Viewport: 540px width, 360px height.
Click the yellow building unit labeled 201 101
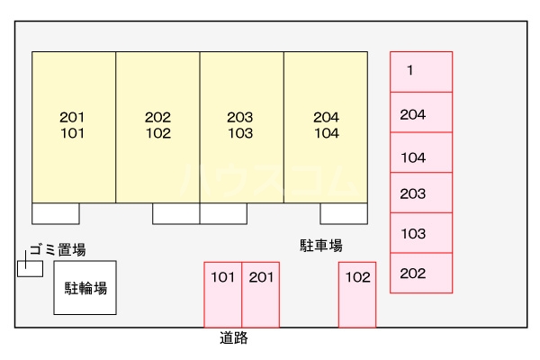tap(74, 126)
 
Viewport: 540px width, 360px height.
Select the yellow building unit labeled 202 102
tap(157, 126)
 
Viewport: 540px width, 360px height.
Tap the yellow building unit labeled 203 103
tap(241, 126)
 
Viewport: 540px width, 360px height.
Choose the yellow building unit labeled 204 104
tap(326, 126)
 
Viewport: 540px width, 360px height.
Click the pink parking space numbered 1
tap(420, 71)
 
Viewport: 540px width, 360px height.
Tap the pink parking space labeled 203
tap(420, 193)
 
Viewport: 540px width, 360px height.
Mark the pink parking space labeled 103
tap(420, 233)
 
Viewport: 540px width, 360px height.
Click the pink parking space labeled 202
tap(420, 274)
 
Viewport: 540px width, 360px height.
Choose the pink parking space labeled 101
tap(222, 294)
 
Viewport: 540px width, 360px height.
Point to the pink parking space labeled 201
tap(260, 294)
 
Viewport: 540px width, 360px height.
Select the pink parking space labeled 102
tap(356, 294)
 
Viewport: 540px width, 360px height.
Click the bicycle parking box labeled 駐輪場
tap(85, 288)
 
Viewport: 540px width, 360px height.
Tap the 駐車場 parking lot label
tap(321, 245)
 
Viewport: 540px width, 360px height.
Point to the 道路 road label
tap(234, 339)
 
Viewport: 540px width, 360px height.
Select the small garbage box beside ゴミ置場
tap(29, 268)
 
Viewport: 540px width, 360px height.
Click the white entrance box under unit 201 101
tap(56, 213)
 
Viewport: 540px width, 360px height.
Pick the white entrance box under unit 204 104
tap(343, 213)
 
